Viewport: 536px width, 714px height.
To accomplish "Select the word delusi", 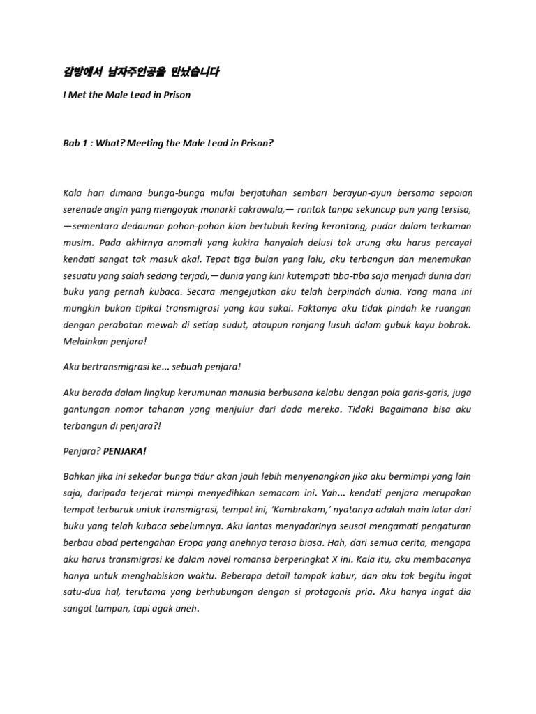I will click(286, 245).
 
